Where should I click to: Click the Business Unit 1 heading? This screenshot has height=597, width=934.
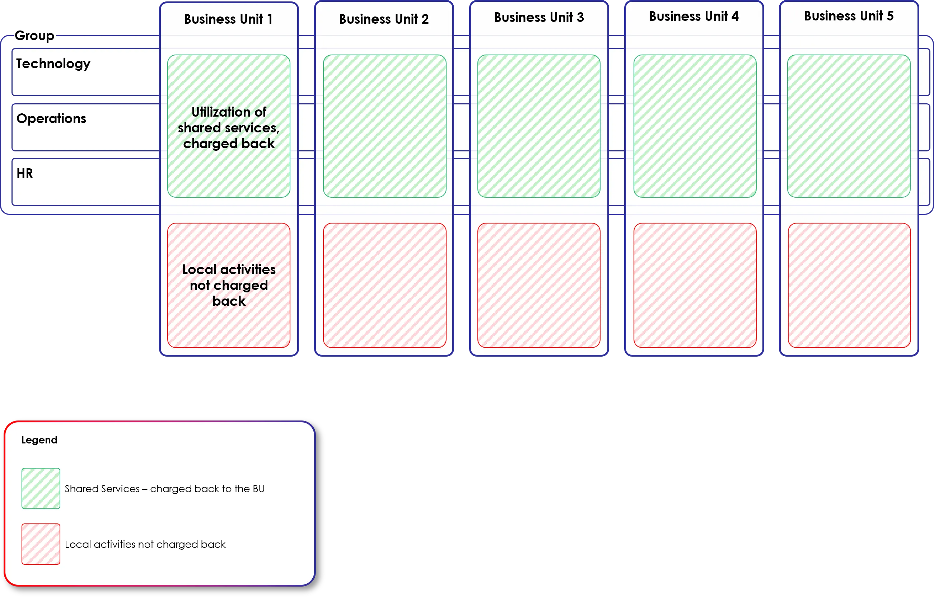(228, 19)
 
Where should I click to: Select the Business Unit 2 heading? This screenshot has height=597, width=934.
(384, 19)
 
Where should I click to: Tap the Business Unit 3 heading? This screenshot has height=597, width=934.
(539, 18)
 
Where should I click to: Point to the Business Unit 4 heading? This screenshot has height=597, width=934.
(694, 16)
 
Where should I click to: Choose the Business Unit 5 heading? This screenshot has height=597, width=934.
(849, 16)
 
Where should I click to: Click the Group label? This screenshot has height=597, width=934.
(34, 36)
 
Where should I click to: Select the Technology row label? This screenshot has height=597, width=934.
(53, 64)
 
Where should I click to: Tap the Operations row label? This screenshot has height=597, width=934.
(51, 119)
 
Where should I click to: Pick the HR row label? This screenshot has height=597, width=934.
(25, 173)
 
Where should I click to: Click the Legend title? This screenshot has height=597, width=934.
(39, 440)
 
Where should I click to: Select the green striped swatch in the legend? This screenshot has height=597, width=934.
(41, 488)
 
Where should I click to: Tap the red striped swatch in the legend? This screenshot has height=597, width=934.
(41, 544)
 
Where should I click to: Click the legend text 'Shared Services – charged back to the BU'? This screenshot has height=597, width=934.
(164, 489)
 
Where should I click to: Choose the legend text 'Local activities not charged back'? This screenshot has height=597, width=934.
(145, 544)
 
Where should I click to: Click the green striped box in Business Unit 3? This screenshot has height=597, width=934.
(539, 126)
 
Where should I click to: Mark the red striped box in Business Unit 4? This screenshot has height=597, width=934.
(695, 285)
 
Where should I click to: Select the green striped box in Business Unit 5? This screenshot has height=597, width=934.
(849, 126)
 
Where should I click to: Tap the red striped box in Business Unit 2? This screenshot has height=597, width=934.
(384, 285)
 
